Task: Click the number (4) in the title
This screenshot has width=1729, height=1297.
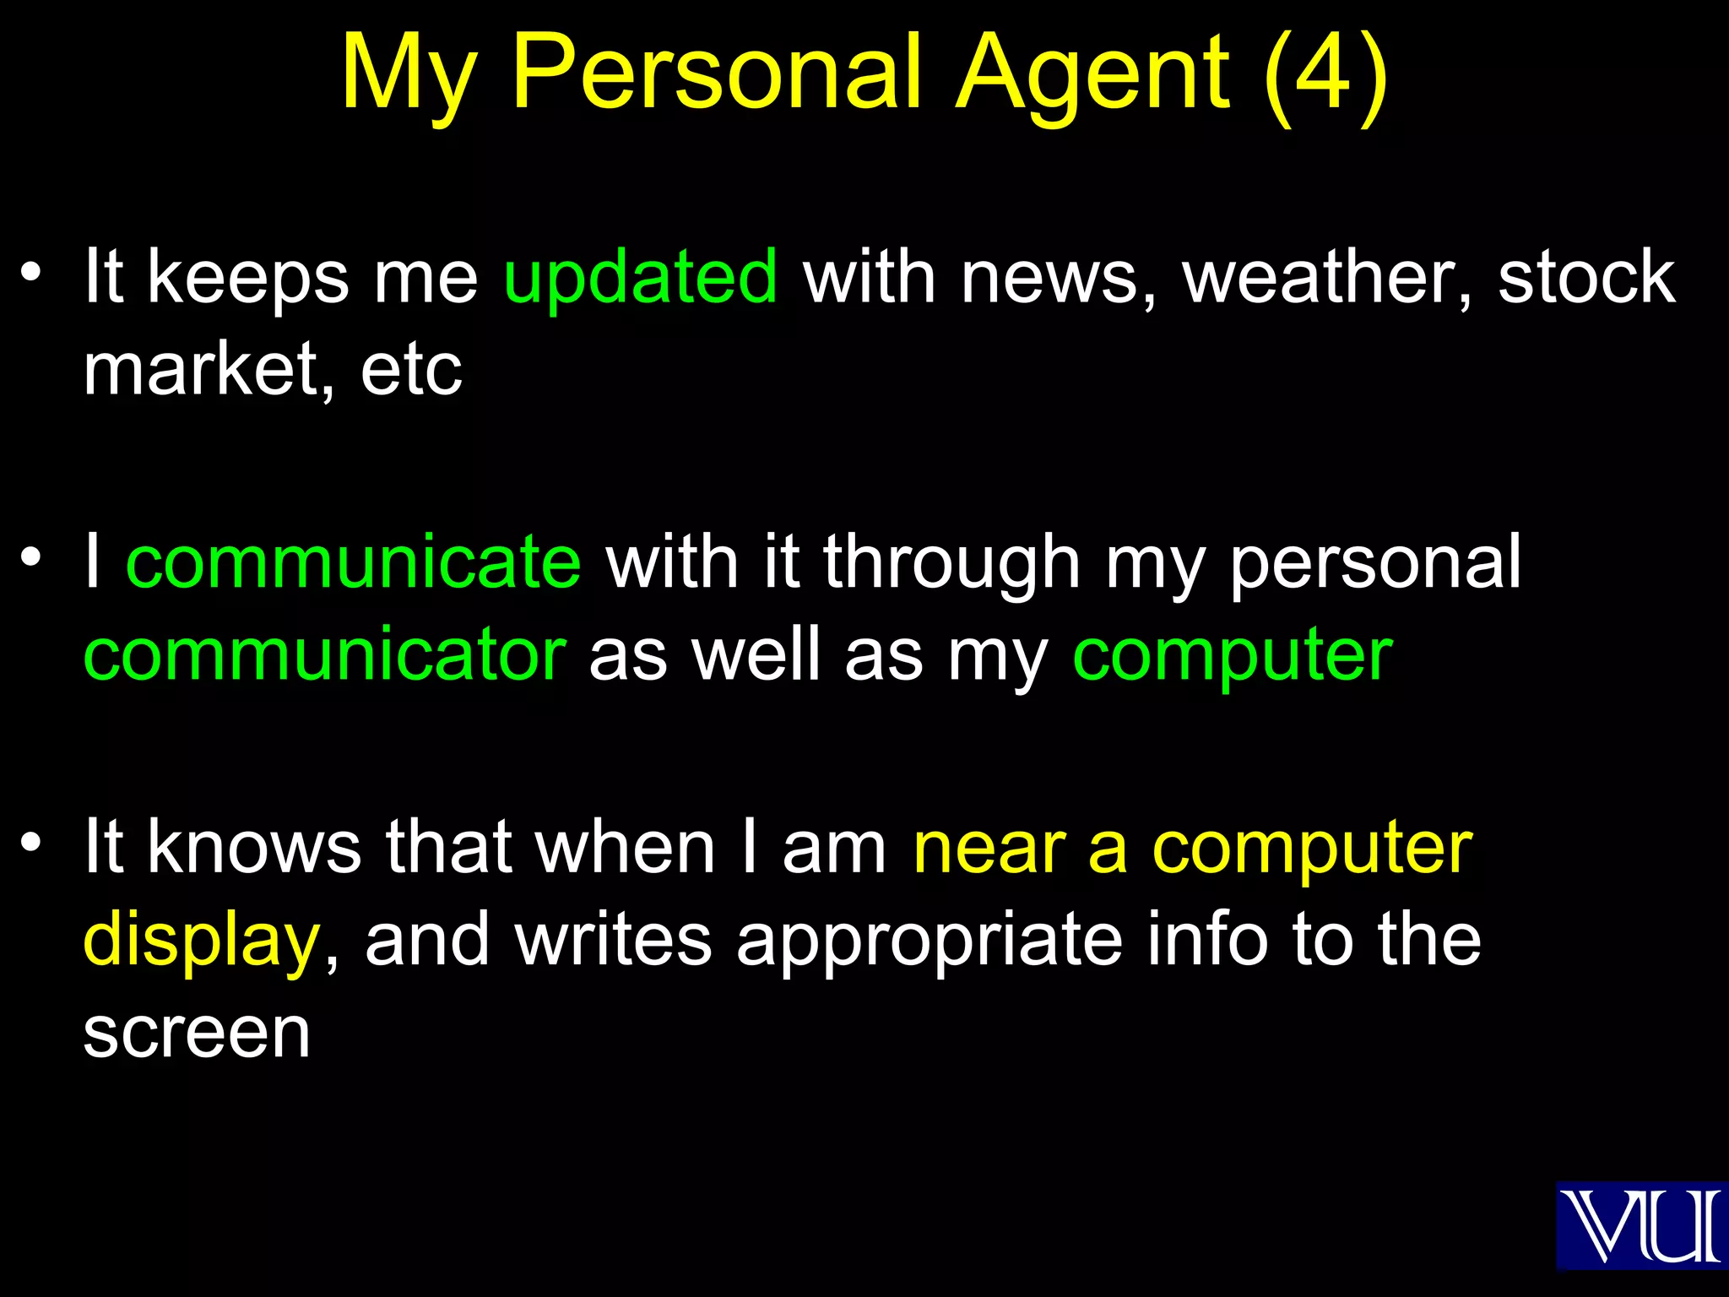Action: click(x=1326, y=74)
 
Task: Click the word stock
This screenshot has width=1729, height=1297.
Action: click(x=1586, y=277)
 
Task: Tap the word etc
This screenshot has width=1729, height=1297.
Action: click(x=411, y=370)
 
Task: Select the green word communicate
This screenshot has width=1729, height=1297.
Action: click(x=353, y=562)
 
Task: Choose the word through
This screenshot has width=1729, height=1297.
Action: click(x=951, y=563)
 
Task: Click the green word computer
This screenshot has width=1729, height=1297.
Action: click(x=1232, y=656)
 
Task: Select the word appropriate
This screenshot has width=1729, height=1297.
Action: click(x=930, y=941)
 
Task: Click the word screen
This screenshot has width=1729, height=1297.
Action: click(x=197, y=1032)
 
